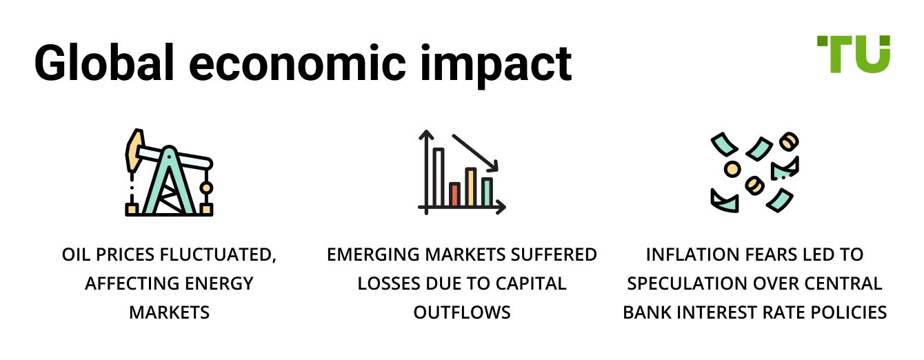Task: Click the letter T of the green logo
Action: coord(833,53)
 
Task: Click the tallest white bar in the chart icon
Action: coord(438,177)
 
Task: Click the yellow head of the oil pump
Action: coord(133,152)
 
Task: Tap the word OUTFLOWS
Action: coord(462,312)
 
